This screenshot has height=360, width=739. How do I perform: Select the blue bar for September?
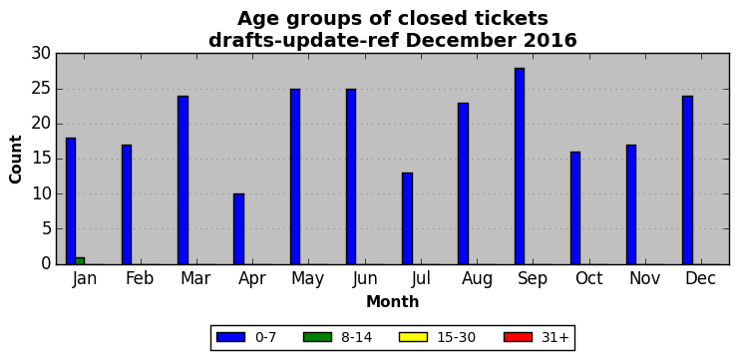[520, 167]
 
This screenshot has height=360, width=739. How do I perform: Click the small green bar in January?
[80, 261]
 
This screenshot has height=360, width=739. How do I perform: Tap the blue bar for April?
[239, 229]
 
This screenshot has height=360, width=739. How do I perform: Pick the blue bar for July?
[407, 218]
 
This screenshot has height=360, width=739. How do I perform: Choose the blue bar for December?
[687, 180]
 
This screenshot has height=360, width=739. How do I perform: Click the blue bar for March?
[183, 180]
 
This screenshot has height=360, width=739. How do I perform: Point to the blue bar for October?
[575, 208]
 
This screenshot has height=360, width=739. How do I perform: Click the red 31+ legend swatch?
[518, 337]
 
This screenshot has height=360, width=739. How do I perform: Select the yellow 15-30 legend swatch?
[413, 337]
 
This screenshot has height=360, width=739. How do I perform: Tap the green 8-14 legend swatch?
[317, 337]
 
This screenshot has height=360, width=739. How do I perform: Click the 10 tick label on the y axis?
[41, 194]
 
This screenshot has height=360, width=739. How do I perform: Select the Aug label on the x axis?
[477, 279]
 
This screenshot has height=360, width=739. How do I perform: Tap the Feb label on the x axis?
[140, 278]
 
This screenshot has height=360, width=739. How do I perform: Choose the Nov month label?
[644, 278]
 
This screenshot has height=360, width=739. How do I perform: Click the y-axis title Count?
[16, 160]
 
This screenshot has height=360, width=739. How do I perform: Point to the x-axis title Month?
[393, 301]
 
